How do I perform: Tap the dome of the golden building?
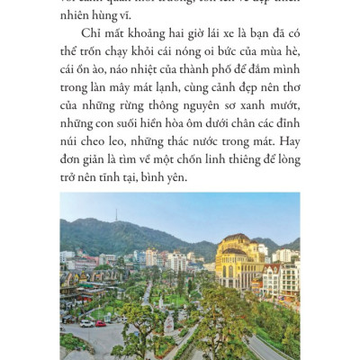coord(238,243)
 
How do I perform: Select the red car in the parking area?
coord(100,323)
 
